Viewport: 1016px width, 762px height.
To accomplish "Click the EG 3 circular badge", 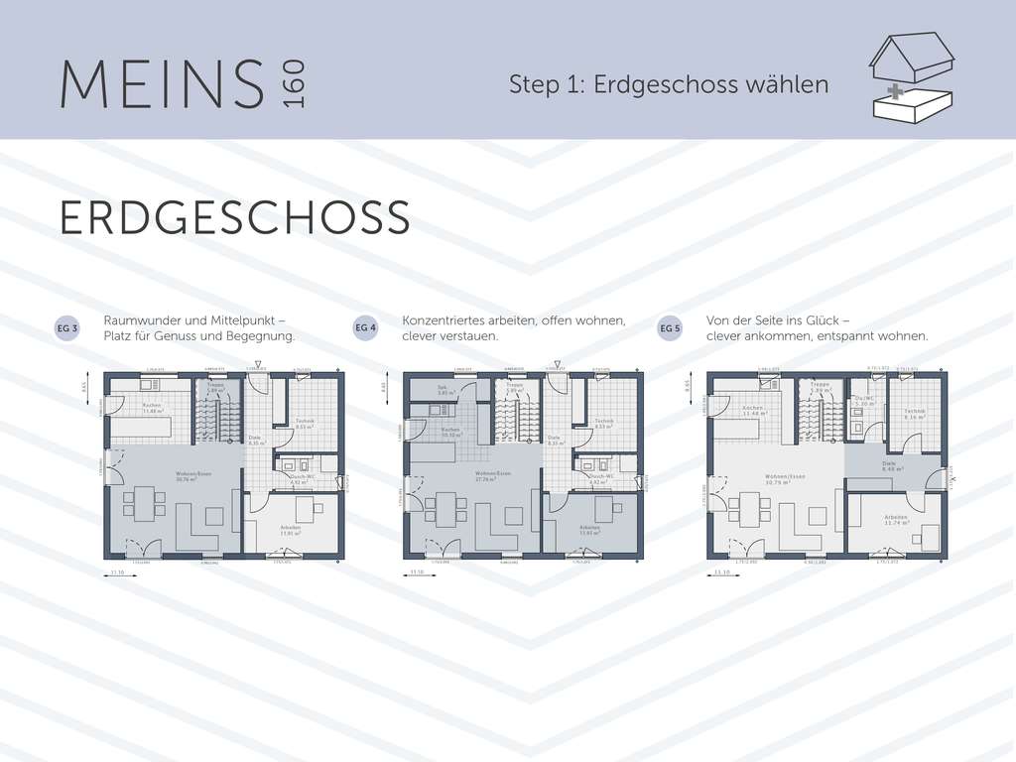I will [x=67, y=328].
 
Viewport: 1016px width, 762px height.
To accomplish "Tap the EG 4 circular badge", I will [x=366, y=328].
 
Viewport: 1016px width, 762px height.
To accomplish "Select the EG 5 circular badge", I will [x=671, y=328].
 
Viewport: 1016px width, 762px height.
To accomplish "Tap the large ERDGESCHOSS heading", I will [x=234, y=218].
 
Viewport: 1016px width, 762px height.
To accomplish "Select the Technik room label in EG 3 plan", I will [x=306, y=422].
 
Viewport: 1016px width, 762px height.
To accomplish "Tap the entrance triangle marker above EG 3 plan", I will [x=258, y=364].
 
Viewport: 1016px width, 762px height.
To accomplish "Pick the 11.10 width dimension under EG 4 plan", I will [x=417, y=572].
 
